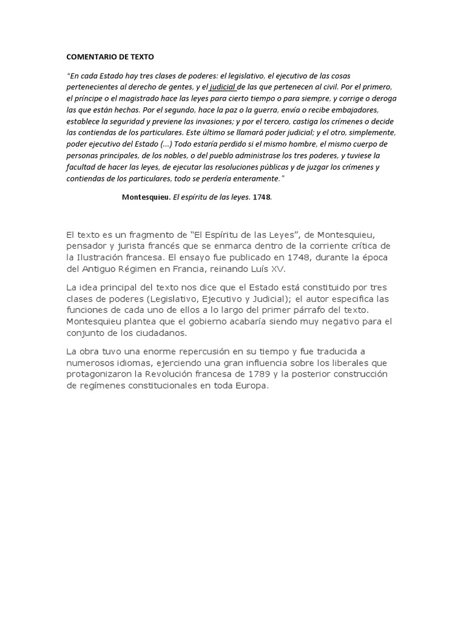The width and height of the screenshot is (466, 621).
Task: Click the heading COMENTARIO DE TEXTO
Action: click(x=110, y=57)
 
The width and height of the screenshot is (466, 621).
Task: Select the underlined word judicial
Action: click(x=223, y=87)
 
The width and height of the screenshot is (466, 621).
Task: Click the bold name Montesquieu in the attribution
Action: click(x=146, y=197)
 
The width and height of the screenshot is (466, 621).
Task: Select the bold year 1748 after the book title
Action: click(x=262, y=197)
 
